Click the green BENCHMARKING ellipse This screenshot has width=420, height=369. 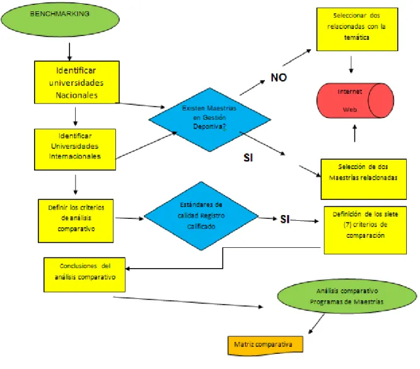[x=61, y=20]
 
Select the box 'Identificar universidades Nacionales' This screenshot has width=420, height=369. [x=77, y=82]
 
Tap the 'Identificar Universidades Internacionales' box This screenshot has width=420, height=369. [x=75, y=149]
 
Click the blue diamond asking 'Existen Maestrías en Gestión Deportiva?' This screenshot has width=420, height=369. [x=210, y=119]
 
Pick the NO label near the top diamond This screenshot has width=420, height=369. [x=279, y=78]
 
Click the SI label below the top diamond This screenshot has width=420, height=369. [x=248, y=158]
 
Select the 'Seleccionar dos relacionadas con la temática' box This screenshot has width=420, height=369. [x=358, y=29]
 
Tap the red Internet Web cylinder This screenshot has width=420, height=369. [x=355, y=100]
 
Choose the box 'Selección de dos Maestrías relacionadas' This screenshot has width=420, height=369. [x=363, y=179]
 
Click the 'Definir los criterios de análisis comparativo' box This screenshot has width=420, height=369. [x=76, y=221]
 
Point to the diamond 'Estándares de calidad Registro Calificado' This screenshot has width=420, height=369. [x=201, y=216]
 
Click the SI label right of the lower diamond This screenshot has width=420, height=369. [x=285, y=220]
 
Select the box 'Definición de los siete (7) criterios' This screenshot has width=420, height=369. [x=365, y=230]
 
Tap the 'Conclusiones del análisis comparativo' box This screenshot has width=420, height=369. [x=85, y=274]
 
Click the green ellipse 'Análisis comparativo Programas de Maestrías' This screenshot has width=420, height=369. [x=347, y=296]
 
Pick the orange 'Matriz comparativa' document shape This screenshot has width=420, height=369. [x=265, y=346]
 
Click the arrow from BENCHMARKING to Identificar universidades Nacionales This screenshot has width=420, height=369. [x=69, y=52]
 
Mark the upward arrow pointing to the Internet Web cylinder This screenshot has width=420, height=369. [x=355, y=133]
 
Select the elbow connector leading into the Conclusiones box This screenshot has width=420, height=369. [x=223, y=258]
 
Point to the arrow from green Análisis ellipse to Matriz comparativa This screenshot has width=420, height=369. [x=317, y=324]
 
